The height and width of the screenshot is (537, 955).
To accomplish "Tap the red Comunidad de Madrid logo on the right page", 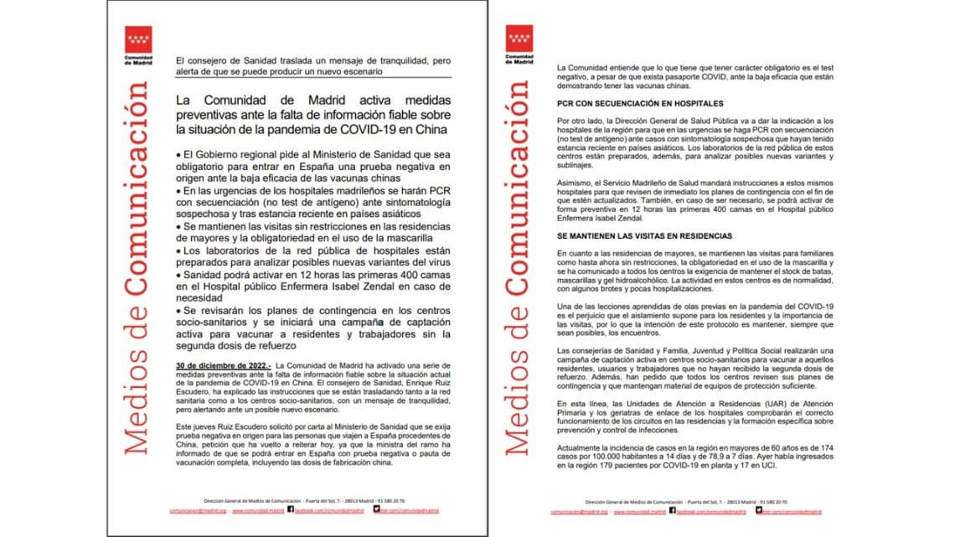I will point(519,39).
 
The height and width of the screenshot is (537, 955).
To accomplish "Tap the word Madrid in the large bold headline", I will point(325,101).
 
